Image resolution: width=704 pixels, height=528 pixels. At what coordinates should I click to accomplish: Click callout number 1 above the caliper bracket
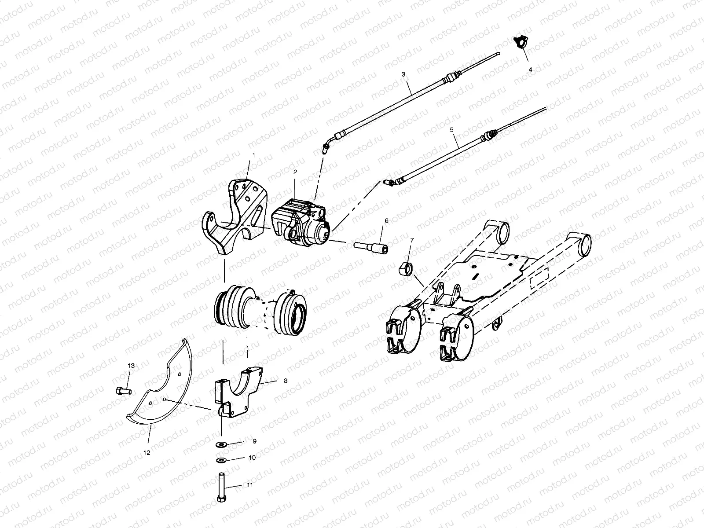click(253, 155)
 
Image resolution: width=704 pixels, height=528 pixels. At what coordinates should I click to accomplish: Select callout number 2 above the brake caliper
click(296, 172)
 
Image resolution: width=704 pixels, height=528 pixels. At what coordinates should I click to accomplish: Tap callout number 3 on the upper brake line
click(403, 74)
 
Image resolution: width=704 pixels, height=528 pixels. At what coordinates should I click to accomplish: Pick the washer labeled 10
click(220, 460)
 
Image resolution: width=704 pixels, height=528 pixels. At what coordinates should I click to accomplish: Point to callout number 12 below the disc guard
click(147, 452)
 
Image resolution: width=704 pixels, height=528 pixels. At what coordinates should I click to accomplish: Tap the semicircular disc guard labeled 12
click(167, 387)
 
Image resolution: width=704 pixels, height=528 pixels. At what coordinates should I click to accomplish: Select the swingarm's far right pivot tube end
click(584, 245)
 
